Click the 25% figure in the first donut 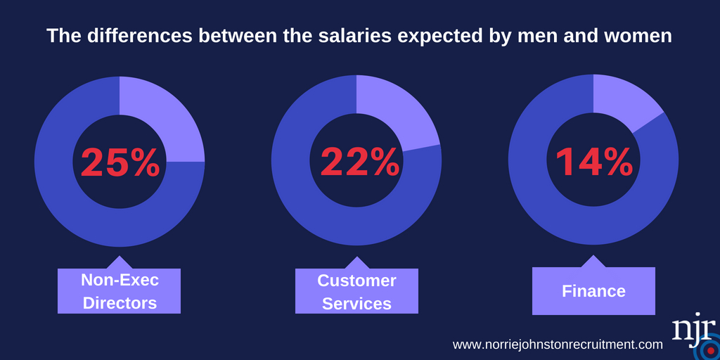tap(120, 162)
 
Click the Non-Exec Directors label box tap(119, 291)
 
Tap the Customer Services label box tap(356, 291)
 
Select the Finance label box tap(593, 291)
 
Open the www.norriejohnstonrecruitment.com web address tap(558, 345)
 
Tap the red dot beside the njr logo tap(710, 350)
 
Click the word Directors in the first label tap(119, 303)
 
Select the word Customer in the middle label tap(356, 281)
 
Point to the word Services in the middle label tap(356, 303)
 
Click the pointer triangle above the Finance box tap(593, 262)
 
